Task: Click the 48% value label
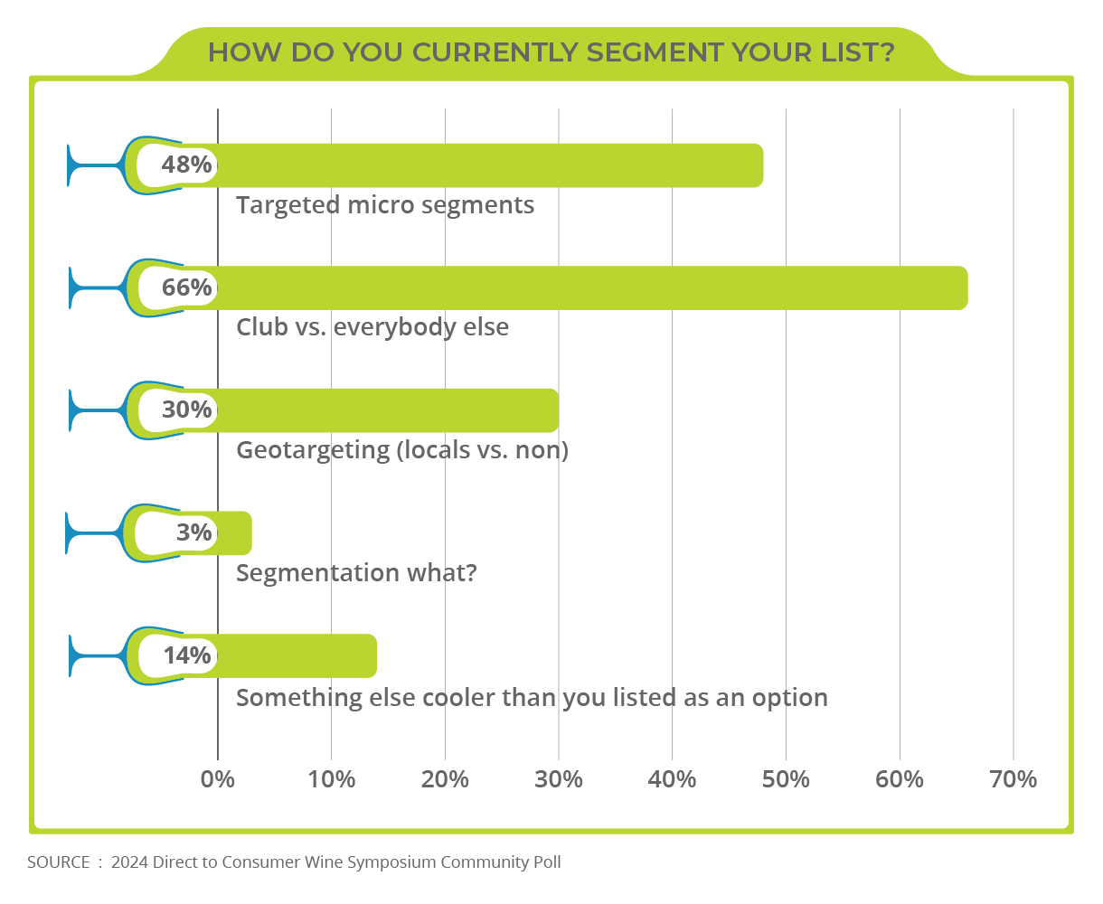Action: pyautogui.click(x=186, y=165)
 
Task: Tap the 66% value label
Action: pyautogui.click(x=186, y=287)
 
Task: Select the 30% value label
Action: pyautogui.click(x=186, y=410)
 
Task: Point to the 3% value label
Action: pyautogui.click(x=193, y=532)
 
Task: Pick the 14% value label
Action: pyautogui.click(x=187, y=655)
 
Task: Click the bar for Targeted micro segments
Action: pyautogui.click(x=488, y=165)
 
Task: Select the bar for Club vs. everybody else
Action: pyautogui.click(x=588, y=288)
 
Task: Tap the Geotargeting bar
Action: pyautogui.click(x=389, y=410)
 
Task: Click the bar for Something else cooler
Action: pyautogui.click(x=298, y=656)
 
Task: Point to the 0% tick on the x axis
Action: pyautogui.click(x=218, y=779)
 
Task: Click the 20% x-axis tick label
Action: pyautogui.click(x=445, y=779)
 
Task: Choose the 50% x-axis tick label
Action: pyautogui.click(x=786, y=779)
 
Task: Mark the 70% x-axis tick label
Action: pyautogui.click(x=1013, y=779)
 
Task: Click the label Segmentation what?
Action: pyautogui.click(x=356, y=573)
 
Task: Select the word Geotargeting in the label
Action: pyautogui.click(x=312, y=450)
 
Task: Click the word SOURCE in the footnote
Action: pyautogui.click(x=58, y=862)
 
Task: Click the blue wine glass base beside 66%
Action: pyautogui.click(x=71, y=288)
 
